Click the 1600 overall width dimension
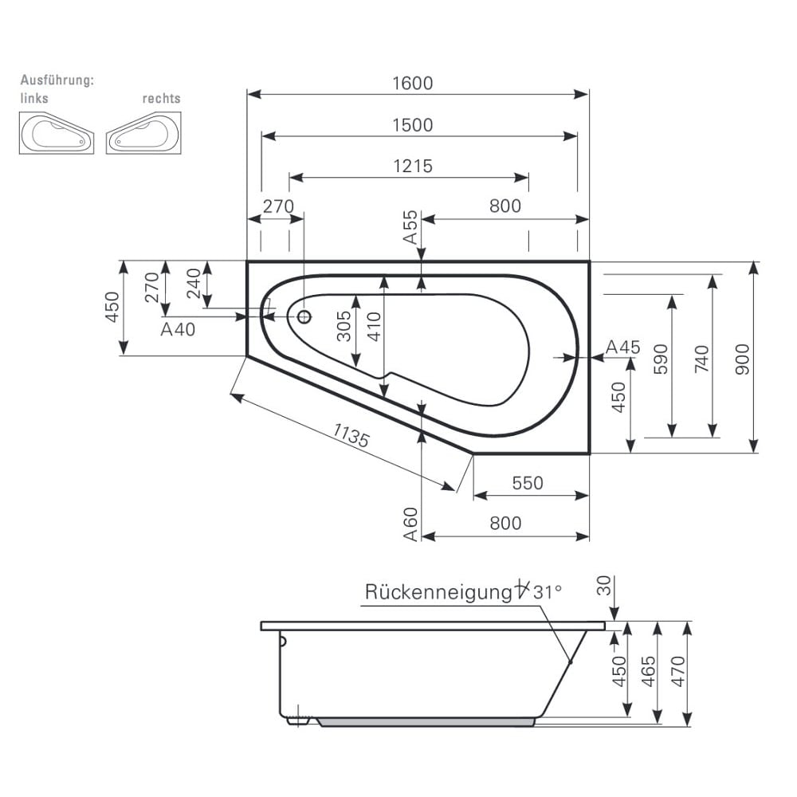pyautogui.click(x=412, y=83)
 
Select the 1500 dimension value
pyautogui.click(x=412, y=125)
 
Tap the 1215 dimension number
pyautogui.click(x=412, y=166)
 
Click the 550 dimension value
pyautogui.click(x=527, y=483)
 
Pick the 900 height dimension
pyautogui.click(x=742, y=359)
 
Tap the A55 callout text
pyautogui.click(x=410, y=227)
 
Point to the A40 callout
pyautogui.click(x=178, y=329)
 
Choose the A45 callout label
pyautogui.click(x=622, y=347)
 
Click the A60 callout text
pyautogui.click(x=410, y=524)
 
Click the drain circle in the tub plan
pyautogui.click(x=304, y=316)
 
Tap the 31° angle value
pyautogui.click(x=548, y=592)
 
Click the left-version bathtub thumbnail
pyautogui.click(x=56, y=133)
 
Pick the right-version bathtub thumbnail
pyautogui.click(x=143, y=133)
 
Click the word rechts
pyautogui.click(x=161, y=99)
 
